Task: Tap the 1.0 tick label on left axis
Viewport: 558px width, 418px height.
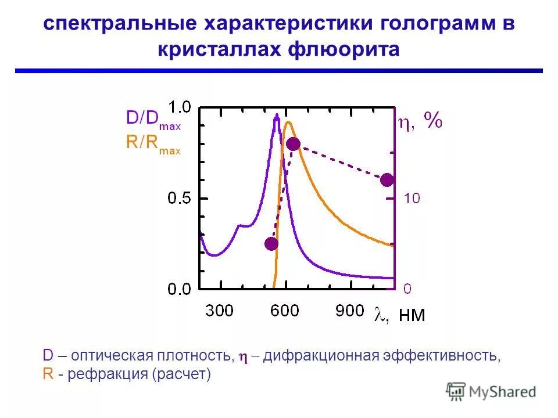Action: (x=179, y=107)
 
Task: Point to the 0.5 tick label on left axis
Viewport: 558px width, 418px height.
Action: (x=179, y=198)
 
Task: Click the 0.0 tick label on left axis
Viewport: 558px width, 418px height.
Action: (x=179, y=289)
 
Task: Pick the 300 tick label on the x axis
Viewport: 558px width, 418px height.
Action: (x=219, y=311)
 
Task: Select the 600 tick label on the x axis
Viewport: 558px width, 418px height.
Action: (x=284, y=311)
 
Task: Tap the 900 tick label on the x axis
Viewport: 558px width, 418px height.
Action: (x=349, y=311)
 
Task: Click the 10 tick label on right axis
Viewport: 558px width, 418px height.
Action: (x=412, y=199)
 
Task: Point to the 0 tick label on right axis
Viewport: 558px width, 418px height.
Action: (x=408, y=289)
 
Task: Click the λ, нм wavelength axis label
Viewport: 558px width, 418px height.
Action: (x=399, y=315)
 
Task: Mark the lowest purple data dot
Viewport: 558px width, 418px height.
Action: (x=271, y=244)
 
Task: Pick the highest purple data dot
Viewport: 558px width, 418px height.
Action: (x=293, y=144)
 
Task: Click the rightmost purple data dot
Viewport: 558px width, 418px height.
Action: (x=387, y=180)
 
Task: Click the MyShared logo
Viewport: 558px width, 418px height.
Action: (x=492, y=391)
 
